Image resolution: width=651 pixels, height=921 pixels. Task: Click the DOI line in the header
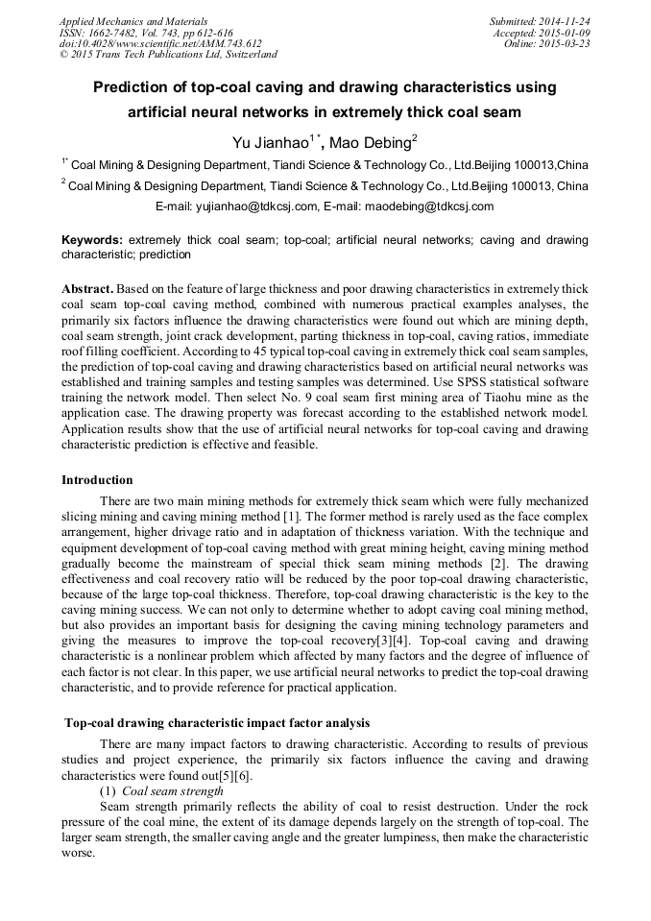[x=159, y=44]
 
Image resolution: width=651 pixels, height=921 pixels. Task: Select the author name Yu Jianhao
[x=270, y=143]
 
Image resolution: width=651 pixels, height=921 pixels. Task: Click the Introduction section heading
[x=97, y=480]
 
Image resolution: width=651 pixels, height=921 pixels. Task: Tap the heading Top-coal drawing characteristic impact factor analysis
[x=216, y=722]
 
